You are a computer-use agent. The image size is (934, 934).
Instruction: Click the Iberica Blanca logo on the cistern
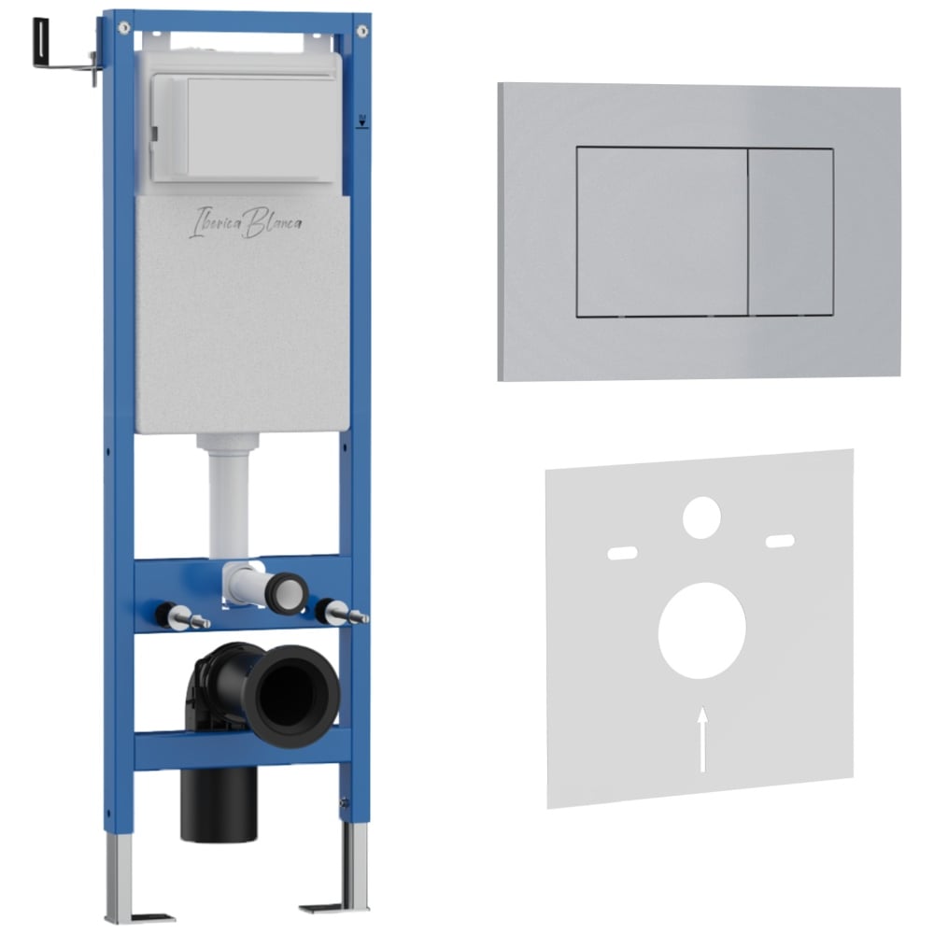[x=245, y=223]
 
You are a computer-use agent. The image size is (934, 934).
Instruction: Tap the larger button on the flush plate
[x=662, y=231]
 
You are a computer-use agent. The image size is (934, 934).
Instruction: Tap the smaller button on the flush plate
[x=791, y=232]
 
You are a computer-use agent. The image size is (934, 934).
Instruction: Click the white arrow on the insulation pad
[x=703, y=739]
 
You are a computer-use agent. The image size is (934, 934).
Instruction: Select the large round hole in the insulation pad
[x=701, y=630]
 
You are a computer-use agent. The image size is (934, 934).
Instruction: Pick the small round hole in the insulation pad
[x=701, y=517]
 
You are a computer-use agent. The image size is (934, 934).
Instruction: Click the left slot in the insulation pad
[x=622, y=553]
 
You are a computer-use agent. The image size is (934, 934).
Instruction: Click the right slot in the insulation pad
[x=780, y=542]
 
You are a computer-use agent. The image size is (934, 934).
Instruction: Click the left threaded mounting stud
[x=182, y=616]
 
